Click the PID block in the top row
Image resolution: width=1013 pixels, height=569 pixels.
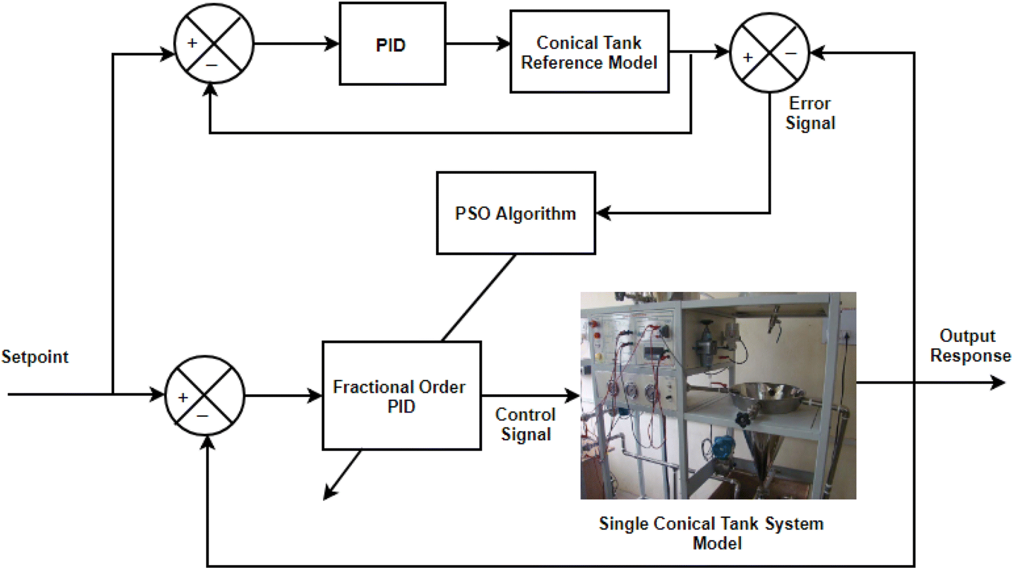392,44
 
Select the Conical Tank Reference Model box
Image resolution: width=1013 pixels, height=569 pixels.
589,51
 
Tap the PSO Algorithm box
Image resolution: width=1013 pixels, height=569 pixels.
515,213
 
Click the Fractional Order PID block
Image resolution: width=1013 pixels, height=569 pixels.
401,396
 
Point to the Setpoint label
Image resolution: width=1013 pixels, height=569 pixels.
35,357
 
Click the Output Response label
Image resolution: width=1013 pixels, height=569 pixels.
970,345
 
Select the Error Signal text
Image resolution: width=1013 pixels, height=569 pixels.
809,113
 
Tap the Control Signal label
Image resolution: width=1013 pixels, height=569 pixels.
525,424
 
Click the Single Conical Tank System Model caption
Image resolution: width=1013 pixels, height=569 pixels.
711,533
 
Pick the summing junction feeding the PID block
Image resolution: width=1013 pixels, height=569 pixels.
213,43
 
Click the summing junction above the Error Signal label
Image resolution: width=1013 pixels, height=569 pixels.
769,53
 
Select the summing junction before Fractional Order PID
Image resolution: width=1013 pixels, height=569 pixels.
204,396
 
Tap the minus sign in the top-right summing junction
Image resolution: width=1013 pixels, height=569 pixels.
791,54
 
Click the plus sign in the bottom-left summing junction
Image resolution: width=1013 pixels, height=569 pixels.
183,397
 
